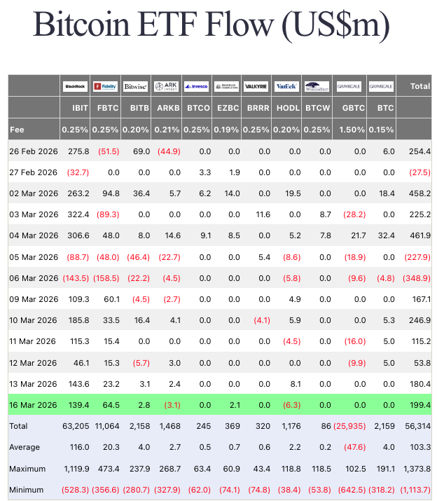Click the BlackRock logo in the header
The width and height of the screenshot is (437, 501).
click(x=75, y=86)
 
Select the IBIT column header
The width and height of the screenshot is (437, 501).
click(x=80, y=109)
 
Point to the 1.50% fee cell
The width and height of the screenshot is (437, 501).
click(x=352, y=130)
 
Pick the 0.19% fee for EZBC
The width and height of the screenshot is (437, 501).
click(x=227, y=130)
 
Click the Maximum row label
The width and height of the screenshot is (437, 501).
click(x=27, y=468)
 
